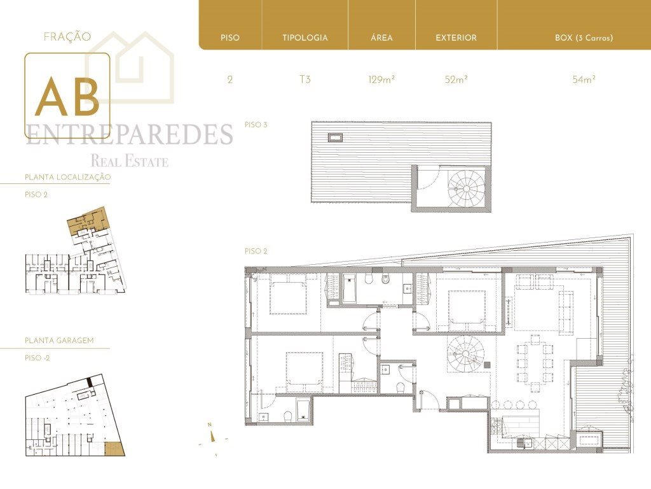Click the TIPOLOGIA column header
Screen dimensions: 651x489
(305, 38)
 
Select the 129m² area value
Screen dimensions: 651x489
(381, 79)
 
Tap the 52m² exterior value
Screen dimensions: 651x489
(456, 79)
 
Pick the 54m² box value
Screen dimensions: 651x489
(584, 79)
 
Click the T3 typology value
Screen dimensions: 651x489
(305, 79)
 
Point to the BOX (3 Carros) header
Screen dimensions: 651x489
(584, 38)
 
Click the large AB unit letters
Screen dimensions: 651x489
(67, 96)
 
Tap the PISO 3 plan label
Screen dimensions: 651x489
(256, 124)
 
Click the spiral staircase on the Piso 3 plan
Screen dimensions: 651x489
(466, 188)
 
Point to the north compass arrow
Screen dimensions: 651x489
(212, 436)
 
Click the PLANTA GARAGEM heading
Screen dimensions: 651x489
(59, 341)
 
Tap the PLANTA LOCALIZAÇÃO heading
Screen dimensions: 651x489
(67, 177)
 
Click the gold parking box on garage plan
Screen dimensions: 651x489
(114, 449)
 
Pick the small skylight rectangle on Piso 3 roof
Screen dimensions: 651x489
(335, 138)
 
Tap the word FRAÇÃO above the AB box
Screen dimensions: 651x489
(67, 36)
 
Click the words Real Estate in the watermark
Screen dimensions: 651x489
(130, 160)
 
